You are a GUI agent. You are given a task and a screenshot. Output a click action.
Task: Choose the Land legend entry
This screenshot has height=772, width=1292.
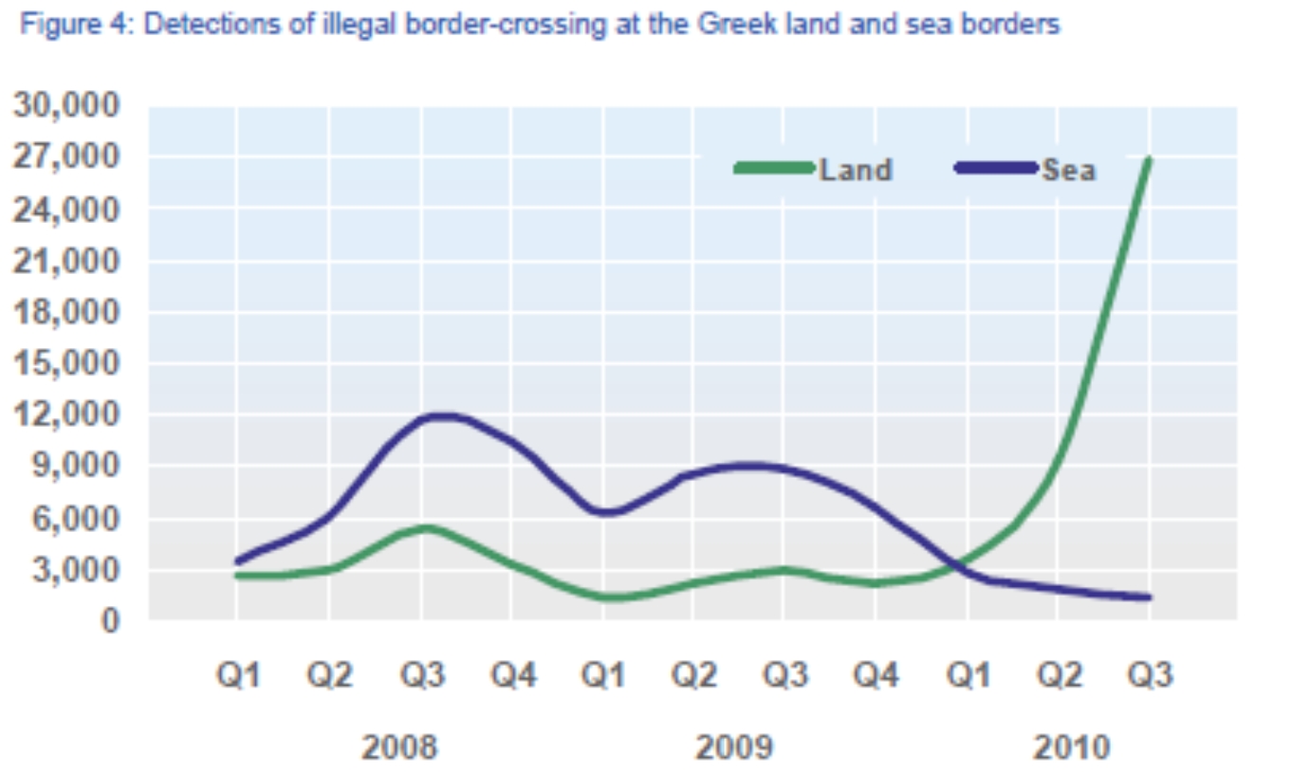click(855, 170)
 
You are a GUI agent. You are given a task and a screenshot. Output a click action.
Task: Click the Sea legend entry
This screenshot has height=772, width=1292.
click(1068, 170)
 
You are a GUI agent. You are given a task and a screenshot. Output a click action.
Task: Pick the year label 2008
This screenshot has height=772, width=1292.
click(399, 747)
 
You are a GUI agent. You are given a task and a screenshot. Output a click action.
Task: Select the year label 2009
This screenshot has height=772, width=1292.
click(733, 747)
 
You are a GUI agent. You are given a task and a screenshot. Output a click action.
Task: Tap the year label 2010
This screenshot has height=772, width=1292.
click(1070, 747)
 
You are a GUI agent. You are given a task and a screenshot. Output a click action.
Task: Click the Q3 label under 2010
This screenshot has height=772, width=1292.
click(1149, 675)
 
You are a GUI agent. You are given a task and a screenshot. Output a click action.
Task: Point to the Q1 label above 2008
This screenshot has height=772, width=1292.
click(237, 675)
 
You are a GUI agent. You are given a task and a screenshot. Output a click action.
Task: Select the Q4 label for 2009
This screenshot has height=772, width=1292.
click(876, 675)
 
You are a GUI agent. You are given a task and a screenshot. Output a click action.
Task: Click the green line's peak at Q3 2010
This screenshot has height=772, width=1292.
click(1149, 159)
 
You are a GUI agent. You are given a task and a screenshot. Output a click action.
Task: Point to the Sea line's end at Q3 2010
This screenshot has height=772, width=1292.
click(1149, 597)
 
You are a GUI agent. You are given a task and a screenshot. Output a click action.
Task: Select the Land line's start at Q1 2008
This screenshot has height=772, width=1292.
click(237, 576)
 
